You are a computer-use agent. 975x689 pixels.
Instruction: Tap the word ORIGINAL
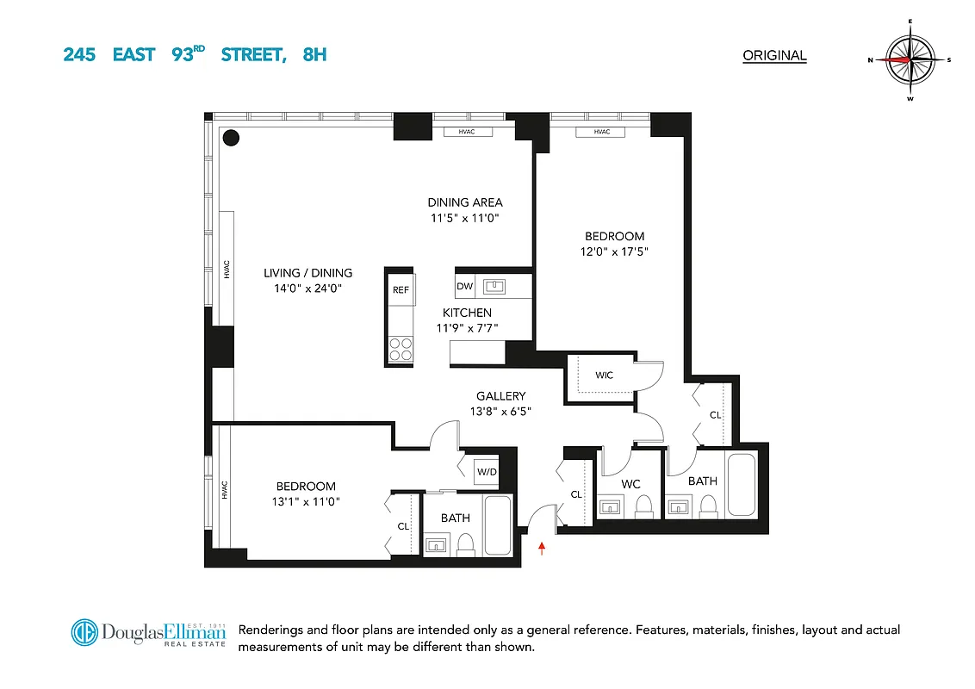click(x=774, y=56)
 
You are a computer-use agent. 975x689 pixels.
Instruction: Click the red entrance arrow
click(x=542, y=547)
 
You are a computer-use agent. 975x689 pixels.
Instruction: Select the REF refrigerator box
click(x=401, y=290)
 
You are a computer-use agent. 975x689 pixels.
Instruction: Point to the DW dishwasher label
click(x=464, y=286)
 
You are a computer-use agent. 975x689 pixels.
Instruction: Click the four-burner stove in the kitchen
click(x=401, y=349)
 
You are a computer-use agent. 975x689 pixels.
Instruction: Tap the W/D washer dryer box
click(x=487, y=471)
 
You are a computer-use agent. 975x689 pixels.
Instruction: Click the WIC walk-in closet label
click(x=605, y=376)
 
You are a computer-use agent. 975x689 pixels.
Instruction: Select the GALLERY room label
click(x=501, y=396)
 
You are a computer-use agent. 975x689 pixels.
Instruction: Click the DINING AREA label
click(x=465, y=202)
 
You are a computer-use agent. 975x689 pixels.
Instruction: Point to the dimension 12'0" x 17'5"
click(x=615, y=251)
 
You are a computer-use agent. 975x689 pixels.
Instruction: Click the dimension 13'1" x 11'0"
click(x=306, y=502)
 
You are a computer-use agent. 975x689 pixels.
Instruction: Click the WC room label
click(x=631, y=484)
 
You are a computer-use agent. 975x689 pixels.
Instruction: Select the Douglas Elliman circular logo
click(x=85, y=633)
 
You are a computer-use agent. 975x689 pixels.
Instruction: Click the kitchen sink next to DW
click(x=494, y=285)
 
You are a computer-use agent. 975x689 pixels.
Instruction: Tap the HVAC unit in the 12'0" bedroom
click(x=600, y=132)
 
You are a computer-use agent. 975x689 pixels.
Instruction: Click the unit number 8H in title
click(x=314, y=55)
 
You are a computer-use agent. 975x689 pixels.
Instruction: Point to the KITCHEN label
click(x=467, y=313)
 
